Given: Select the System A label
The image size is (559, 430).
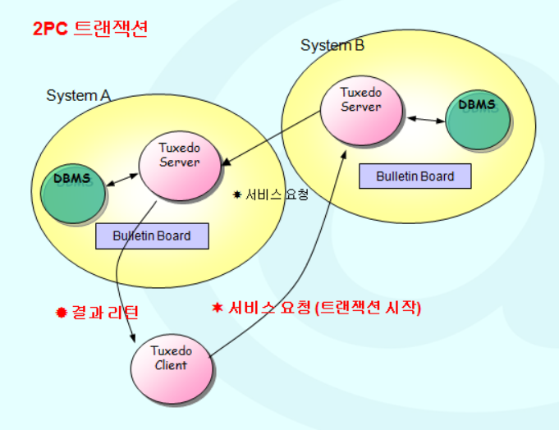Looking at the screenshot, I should pyautogui.click(x=78, y=96).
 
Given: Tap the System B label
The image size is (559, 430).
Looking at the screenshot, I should pyautogui.click(x=332, y=45).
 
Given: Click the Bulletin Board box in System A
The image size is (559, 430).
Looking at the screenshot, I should pyautogui.click(x=152, y=236).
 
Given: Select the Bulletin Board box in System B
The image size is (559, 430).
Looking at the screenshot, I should pyautogui.click(x=415, y=176).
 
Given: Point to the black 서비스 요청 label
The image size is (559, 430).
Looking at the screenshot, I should pyautogui.click(x=276, y=195).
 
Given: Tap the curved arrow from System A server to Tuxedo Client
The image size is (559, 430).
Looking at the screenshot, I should pyautogui.click(x=123, y=263).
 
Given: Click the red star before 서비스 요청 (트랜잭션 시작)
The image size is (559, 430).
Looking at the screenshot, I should pyautogui.click(x=218, y=308).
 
